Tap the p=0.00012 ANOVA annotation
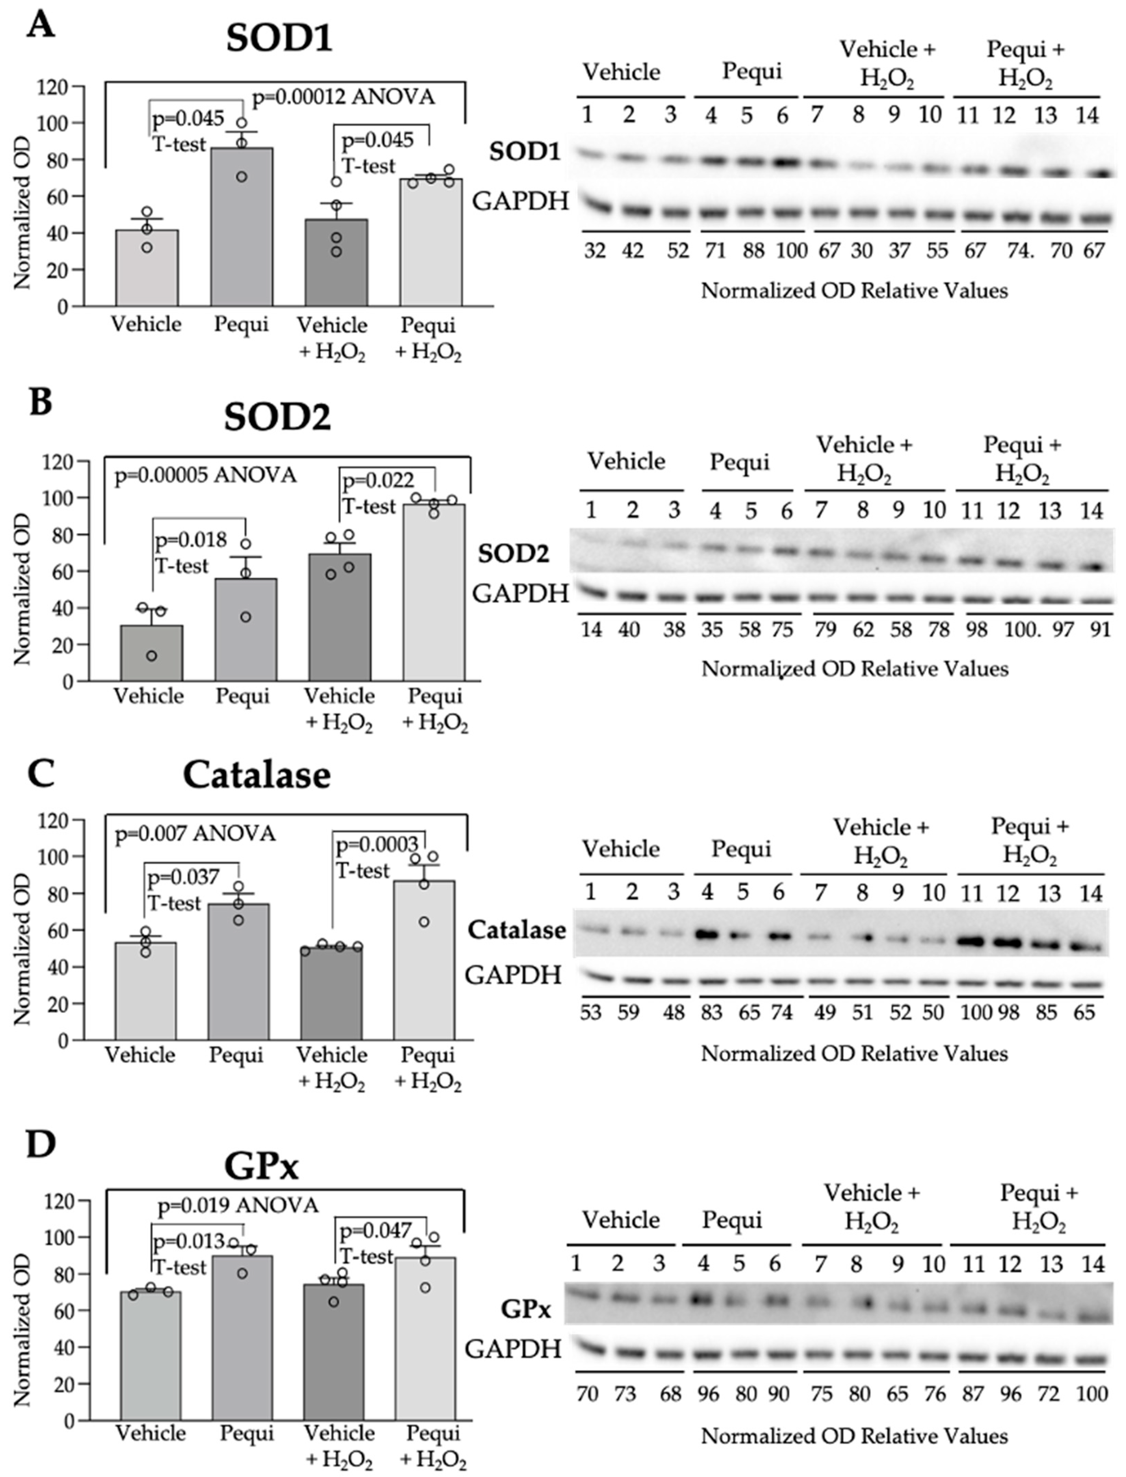(x=343, y=98)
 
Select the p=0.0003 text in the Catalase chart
(x=377, y=845)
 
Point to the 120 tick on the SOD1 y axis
(x=54, y=86)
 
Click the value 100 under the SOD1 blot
(x=791, y=250)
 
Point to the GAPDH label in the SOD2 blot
(x=520, y=593)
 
